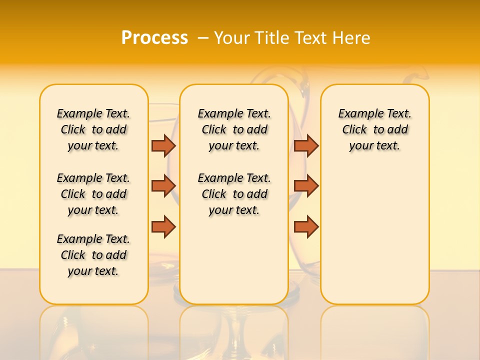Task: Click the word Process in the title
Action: point(154,37)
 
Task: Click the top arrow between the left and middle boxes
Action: point(163,145)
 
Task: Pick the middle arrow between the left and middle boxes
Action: point(163,185)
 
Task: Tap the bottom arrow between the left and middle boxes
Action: point(163,226)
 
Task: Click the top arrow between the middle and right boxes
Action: point(306,145)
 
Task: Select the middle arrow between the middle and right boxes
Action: point(306,185)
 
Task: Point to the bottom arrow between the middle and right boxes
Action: point(306,226)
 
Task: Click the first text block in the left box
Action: point(93,129)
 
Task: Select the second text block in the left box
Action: point(93,194)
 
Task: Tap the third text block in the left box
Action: point(93,255)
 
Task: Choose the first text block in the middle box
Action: point(234,129)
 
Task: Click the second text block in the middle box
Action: point(234,194)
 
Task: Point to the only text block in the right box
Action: point(374,129)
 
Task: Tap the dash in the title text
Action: point(203,37)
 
